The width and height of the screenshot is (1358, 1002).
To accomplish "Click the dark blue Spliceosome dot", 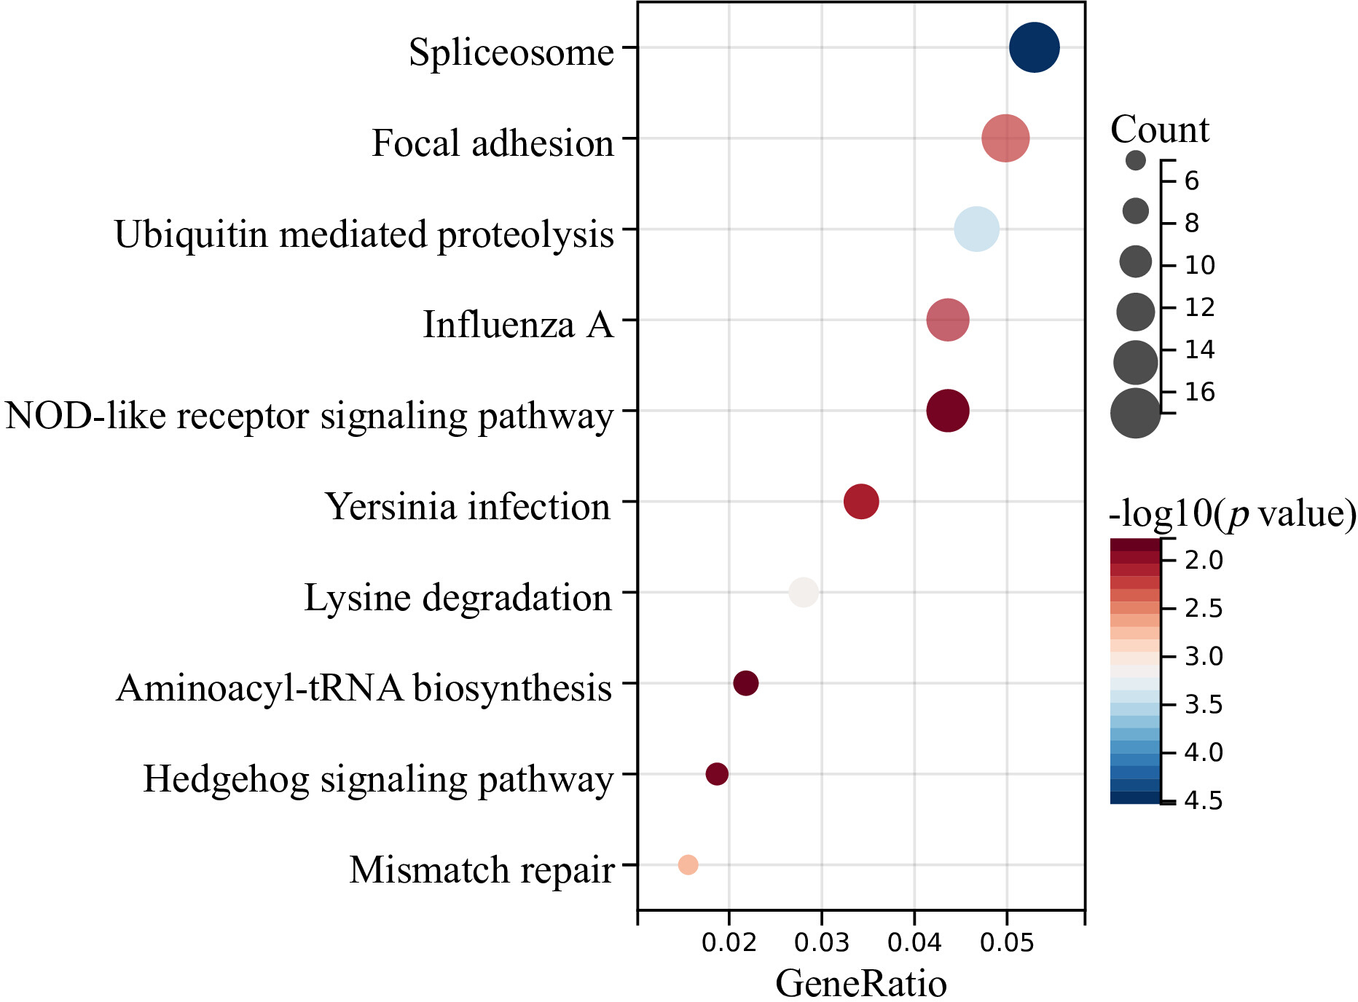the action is [x=1034, y=47].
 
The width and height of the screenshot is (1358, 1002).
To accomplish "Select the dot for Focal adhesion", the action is [x=1005, y=138].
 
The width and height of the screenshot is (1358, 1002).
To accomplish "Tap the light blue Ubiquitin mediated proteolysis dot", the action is [x=976, y=229].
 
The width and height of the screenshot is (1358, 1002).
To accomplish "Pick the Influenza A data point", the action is [x=948, y=320].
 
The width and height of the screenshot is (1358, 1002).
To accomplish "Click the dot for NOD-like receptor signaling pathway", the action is [x=948, y=411].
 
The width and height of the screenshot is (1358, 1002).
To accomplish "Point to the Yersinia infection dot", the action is [x=861, y=502].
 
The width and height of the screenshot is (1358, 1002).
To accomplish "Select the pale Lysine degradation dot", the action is [x=804, y=592].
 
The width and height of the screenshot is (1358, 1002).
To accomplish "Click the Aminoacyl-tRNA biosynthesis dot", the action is [x=746, y=683].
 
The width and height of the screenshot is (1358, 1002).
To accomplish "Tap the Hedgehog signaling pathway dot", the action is [x=717, y=774].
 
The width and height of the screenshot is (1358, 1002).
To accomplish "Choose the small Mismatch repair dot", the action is [x=688, y=865].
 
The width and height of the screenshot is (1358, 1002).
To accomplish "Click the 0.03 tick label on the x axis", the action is [x=822, y=942].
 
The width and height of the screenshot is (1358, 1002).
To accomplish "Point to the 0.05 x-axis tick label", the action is [x=1008, y=942].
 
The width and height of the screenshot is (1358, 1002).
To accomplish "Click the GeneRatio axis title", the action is [x=861, y=983].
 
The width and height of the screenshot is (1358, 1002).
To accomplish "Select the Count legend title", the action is [x=1160, y=130].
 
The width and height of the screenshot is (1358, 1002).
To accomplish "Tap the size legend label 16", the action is [x=1200, y=392].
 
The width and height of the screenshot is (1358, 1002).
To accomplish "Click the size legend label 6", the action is [x=1192, y=181].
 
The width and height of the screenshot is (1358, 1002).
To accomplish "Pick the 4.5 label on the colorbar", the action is [x=1204, y=800].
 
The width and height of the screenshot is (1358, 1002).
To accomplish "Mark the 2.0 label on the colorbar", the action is [x=1204, y=560].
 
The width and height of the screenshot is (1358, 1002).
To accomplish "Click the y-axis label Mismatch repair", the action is [x=482, y=869].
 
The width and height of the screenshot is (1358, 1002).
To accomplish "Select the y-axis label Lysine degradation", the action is [x=458, y=597].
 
